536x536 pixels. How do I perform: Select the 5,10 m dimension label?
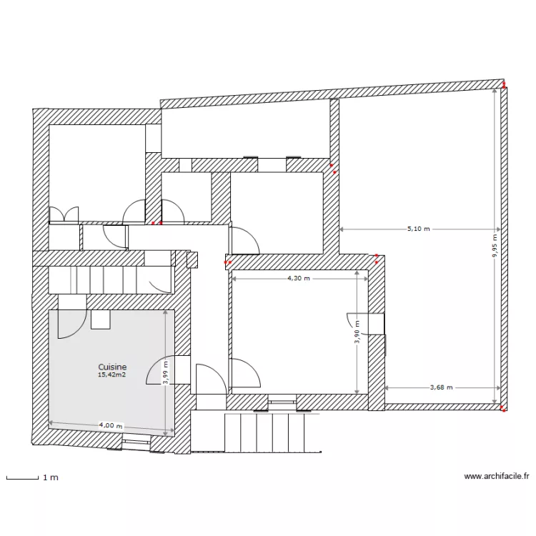(x=419, y=229)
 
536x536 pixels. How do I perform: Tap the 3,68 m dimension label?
(x=442, y=387)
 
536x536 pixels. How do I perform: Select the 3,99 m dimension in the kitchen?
(x=166, y=372)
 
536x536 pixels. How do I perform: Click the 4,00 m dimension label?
(x=110, y=426)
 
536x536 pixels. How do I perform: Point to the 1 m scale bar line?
(x=21, y=477)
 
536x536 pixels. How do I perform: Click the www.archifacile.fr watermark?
(x=497, y=476)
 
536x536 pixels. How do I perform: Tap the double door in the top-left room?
(x=63, y=214)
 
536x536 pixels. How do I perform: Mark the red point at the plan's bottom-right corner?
(x=503, y=410)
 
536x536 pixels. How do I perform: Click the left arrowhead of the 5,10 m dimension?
(x=342, y=229)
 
